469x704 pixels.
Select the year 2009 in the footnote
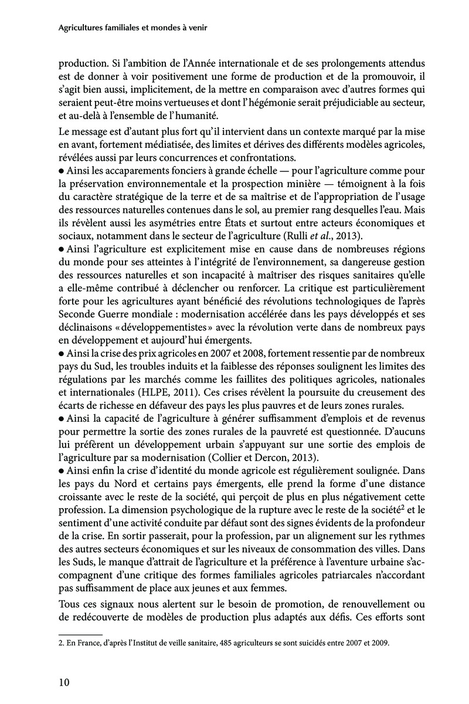pyautogui.click(x=380, y=642)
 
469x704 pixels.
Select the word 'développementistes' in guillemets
pyautogui.click(x=155, y=328)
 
